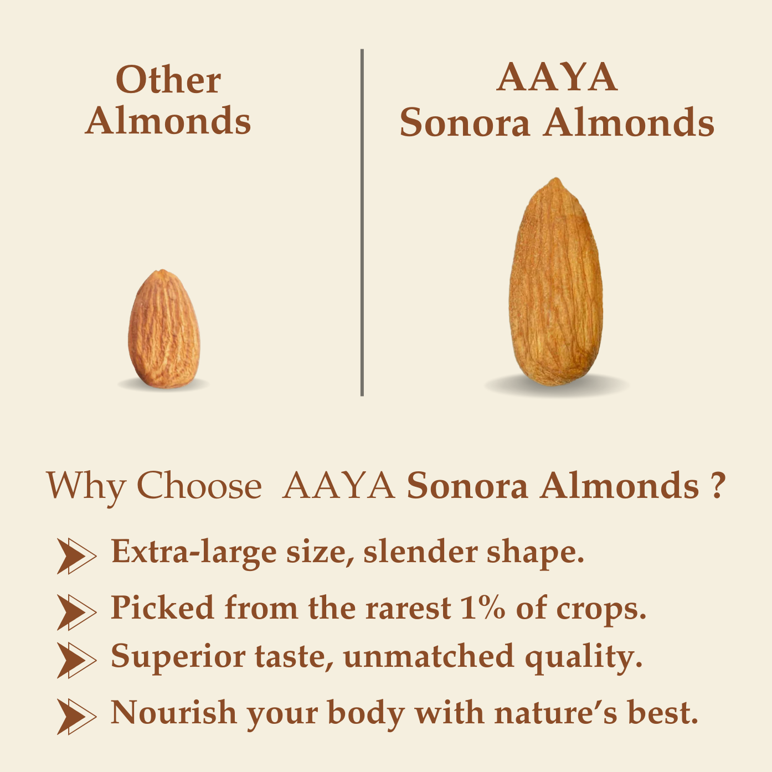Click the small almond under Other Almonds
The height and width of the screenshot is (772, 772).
pyautogui.click(x=164, y=330)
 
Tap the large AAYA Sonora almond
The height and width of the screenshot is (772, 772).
pyautogui.click(x=556, y=282)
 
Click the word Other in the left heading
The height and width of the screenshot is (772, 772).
pyautogui.click(x=168, y=80)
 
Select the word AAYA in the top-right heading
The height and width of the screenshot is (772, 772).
pyautogui.click(x=557, y=78)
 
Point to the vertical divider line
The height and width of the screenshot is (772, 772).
pyautogui.click(x=362, y=222)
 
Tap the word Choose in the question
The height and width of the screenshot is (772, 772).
pyautogui.click(x=199, y=486)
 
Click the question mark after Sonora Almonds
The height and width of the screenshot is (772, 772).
pyautogui.click(x=717, y=486)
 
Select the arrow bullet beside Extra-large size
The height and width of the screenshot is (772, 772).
pyautogui.click(x=76, y=555)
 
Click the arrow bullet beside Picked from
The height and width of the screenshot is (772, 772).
pyautogui.click(x=76, y=611)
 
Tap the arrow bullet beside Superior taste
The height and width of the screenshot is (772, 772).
pyautogui.click(x=76, y=660)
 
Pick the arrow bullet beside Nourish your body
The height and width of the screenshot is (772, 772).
pyautogui.click(x=76, y=716)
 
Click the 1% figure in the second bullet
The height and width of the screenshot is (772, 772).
pyautogui.click(x=482, y=608)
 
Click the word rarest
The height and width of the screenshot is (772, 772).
pyautogui.click(x=408, y=608)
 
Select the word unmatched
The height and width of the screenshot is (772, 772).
pyautogui.click(x=429, y=657)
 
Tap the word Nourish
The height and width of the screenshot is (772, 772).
pyautogui.click(x=173, y=713)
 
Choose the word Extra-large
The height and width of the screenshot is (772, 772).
pyautogui.click(x=193, y=553)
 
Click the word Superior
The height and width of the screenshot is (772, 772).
pyautogui.click(x=178, y=657)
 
